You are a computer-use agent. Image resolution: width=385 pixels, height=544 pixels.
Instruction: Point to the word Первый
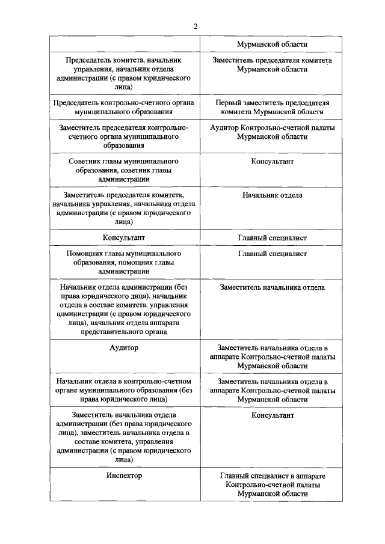coord(229,103)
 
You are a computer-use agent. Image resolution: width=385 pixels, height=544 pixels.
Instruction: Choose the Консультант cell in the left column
coord(124,238)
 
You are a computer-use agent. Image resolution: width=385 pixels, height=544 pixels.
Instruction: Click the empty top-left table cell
coord(124,44)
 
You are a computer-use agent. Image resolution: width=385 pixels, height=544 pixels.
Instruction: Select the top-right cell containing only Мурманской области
coord(273,44)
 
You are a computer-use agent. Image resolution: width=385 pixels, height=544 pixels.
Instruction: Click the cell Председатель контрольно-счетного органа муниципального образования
coord(124,107)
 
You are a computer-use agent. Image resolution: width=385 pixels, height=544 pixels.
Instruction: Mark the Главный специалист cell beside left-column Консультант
coord(273,238)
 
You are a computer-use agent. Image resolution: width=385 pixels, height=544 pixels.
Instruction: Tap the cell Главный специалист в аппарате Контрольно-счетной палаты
coord(273,484)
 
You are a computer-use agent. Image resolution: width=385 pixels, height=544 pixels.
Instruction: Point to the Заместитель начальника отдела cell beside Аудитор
coord(273,356)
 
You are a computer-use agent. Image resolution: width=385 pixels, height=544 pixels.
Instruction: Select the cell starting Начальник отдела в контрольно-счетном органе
coord(124,390)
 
